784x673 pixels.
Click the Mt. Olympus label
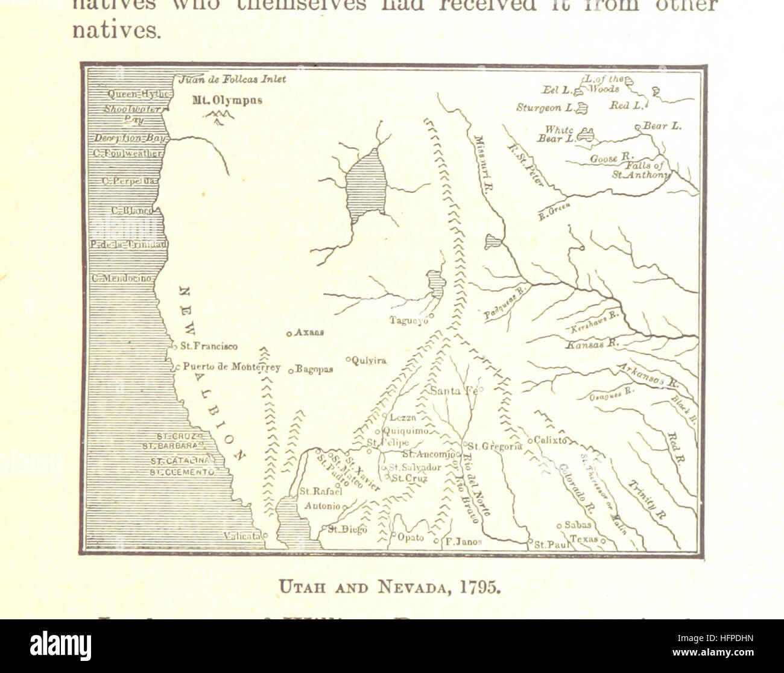227,100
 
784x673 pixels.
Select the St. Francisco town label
209,347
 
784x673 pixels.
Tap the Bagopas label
314,370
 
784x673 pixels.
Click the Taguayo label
408,321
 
